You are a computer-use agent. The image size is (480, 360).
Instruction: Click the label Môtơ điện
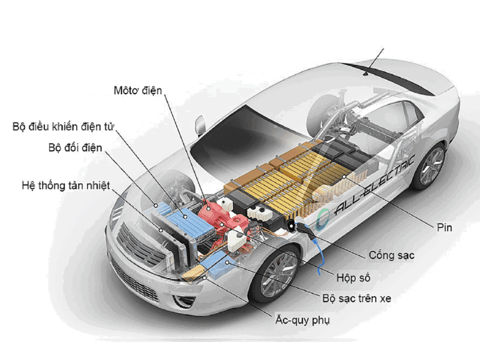coord(138,91)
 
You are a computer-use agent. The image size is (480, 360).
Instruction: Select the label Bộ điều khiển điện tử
coord(64,127)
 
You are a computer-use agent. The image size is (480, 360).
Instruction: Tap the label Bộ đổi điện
coord(76,148)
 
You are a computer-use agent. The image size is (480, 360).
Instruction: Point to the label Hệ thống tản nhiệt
coord(66,185)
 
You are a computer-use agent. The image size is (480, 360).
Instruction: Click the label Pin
coord(444,227)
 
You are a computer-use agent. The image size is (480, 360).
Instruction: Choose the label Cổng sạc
coord(392,256)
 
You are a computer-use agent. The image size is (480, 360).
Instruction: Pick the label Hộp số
coord(353,278)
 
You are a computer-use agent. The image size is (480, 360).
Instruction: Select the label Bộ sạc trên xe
coord(356,298)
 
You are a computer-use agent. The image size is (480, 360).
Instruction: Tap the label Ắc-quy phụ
coord(302,320)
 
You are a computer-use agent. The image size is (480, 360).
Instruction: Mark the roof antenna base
coord(366,73)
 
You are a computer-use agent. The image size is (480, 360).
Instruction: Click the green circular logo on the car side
coord(322,219)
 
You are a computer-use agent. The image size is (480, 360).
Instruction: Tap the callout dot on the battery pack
coord(344,176)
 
